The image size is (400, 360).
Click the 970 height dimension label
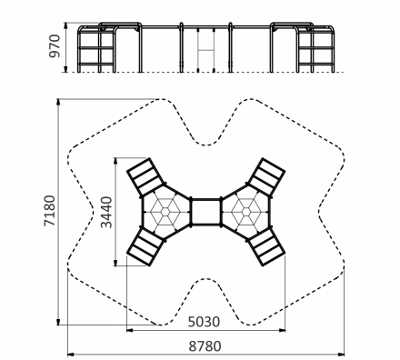(55, 46)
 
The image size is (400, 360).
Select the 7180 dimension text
(50, 211)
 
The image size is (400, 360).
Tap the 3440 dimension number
(106, 212)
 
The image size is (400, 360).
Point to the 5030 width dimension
(204, 322)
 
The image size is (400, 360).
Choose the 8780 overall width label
(205, 346)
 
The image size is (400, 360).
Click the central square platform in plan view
(206, 212)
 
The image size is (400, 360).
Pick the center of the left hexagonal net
(165, 212)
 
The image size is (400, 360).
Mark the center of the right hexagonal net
(245, 212)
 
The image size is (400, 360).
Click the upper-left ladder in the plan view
(145, 176)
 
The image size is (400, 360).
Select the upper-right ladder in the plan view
(266, 176)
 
